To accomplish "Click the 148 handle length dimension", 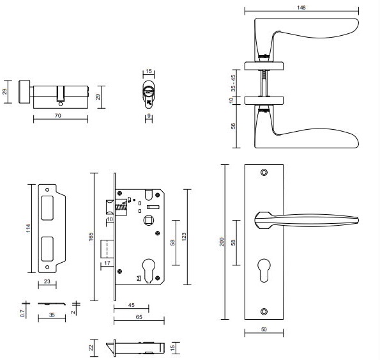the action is [x=301, y=8].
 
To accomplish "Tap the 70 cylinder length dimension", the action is [x=58, y=116].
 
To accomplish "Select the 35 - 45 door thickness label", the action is [x=233, y=83].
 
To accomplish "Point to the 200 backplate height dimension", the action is [x=222, y=242].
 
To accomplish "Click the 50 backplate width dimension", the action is [x=264, y=329].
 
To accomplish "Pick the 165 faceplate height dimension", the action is [x=91, y=237].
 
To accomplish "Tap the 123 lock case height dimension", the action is [x=184, y=237].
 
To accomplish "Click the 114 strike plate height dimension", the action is [x=28, y=228].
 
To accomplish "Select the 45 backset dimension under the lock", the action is [x=131, y=305].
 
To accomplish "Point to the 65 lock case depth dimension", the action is [x=139, y=317].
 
